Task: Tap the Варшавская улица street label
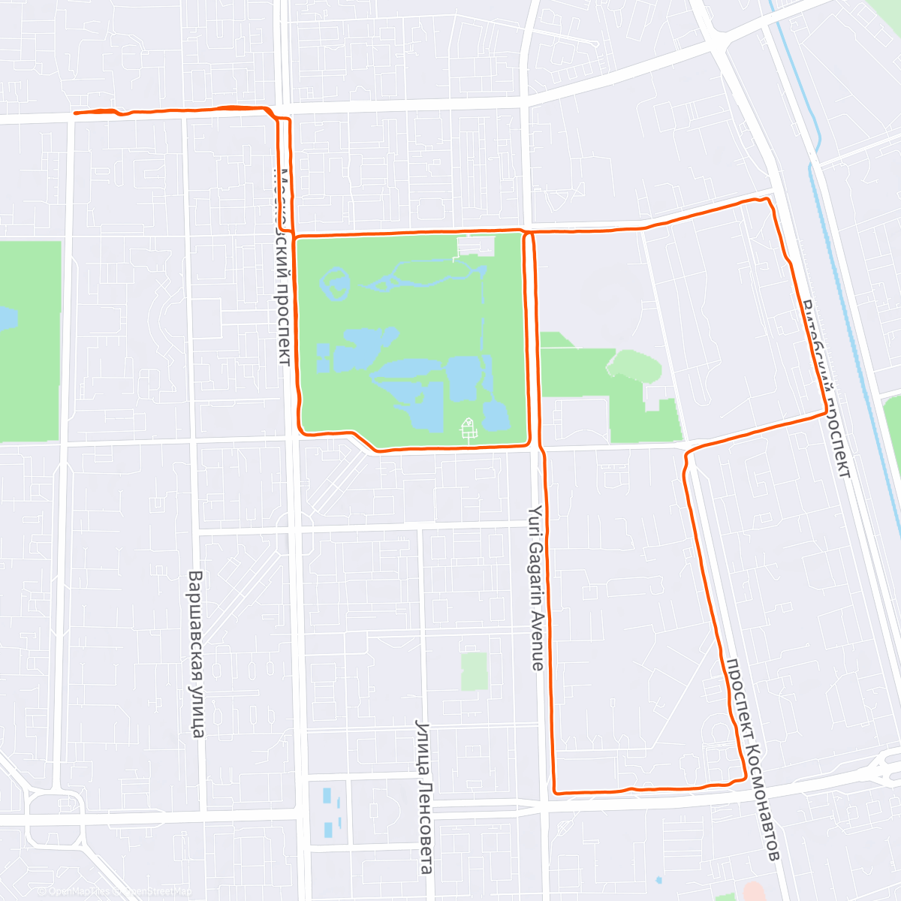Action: tap(196, 654)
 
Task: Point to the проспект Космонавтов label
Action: tap(752, 759)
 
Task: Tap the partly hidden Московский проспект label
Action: tap(282, 267)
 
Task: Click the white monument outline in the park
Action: tap(468, 429)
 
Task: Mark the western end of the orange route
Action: tap(75, 113)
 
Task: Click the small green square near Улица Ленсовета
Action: tap(474, 670)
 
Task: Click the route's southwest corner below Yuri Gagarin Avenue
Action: tap(555, 791)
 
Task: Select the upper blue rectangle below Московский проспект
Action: tap(327, 794)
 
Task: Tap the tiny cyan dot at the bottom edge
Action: tap(658, 879)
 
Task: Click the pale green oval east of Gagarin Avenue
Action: tap(634, 365)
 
